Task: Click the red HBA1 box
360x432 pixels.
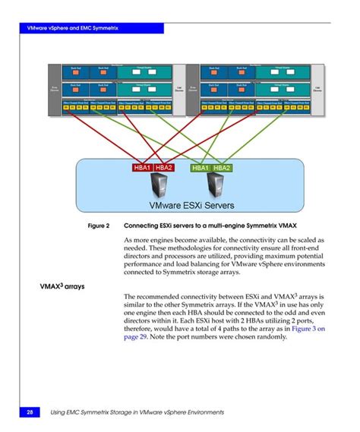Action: coord(141,167)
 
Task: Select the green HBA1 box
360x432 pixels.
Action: coord(201,167)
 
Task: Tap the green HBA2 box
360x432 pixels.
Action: coord(222,167)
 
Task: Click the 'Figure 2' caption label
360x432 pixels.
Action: coord(99,226)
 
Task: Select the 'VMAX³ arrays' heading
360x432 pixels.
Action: coord(62,287)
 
